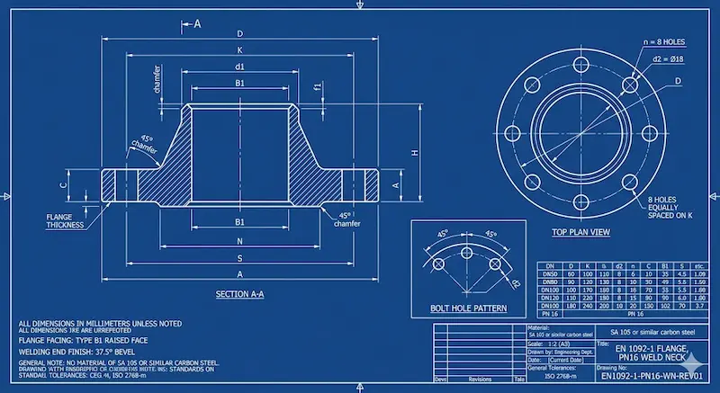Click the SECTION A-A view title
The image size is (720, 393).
[239, 294]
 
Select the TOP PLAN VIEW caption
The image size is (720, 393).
[580, 232]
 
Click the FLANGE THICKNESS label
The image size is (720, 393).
[65, 220]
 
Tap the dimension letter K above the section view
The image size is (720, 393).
[239, 50]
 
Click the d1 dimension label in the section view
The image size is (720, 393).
[239, 67]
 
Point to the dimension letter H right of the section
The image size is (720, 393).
[415, 153]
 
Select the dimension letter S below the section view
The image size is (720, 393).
[239, 257]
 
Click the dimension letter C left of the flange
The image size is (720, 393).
[62, 184]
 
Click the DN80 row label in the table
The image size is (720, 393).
[547, 281]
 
